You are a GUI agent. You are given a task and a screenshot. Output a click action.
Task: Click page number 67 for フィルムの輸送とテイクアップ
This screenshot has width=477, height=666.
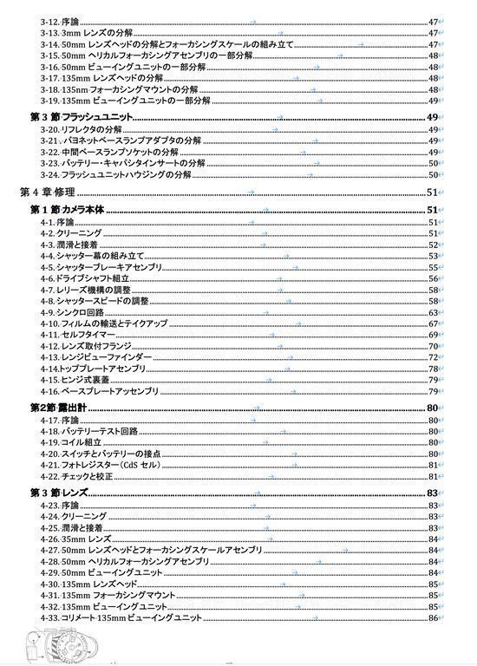coord(433,323)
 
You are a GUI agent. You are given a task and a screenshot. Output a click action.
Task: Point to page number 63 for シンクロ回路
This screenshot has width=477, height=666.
coord(433,312)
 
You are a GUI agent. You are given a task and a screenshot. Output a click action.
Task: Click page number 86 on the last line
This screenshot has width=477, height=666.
coord(433,617)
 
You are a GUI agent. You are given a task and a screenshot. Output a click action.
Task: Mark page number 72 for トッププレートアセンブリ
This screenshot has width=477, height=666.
coord(433,369)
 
